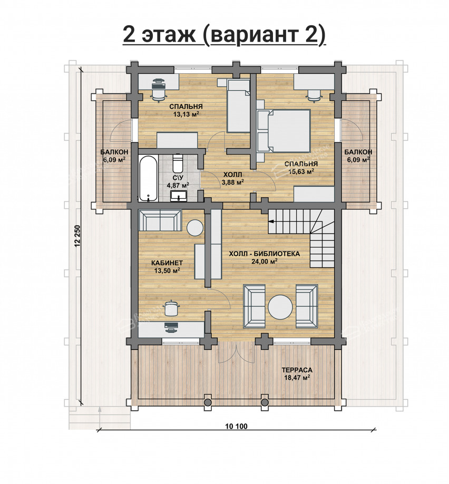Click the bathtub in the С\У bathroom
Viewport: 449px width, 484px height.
(x=148, y=178)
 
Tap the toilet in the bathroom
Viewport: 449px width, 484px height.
(x=178, y=163)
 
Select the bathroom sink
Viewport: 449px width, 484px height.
(x=178, y=196)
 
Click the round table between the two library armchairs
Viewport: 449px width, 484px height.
(x=280, y=307)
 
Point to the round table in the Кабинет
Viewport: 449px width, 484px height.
(x=194, y=227)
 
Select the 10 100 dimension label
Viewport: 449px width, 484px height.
(x=237, y=427)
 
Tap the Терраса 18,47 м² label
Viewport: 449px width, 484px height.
(x=297, y=373)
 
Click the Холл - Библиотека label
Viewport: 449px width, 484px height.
(x=265, y=254)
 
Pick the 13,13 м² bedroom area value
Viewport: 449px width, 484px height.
(x=186, y=114)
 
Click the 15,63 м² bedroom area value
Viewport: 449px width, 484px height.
(x=301, y=171)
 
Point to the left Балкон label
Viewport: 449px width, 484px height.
(x=114, y=152)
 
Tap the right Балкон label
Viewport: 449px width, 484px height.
(x=358, y=152)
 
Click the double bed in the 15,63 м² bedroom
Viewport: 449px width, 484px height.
(x=284, y=131)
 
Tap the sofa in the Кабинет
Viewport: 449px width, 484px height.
(x=160, y=220)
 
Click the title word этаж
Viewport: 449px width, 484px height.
(x=169, y=35)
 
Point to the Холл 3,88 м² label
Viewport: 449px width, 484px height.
(x=233, y=178)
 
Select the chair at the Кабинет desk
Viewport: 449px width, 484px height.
(x=170, y=308)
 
